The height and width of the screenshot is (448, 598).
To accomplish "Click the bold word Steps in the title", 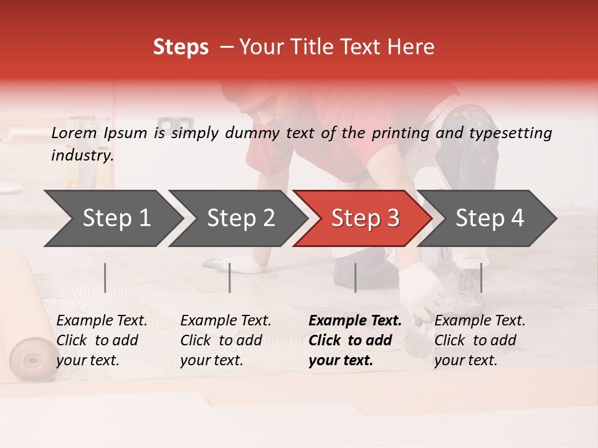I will point(181,47).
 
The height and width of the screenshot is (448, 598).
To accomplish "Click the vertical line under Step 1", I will point(105,278).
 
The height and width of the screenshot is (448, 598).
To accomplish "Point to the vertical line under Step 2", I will point(230,278).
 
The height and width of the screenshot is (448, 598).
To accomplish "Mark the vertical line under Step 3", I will point(355,278).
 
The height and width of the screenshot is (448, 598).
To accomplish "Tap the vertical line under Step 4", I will point(481,278).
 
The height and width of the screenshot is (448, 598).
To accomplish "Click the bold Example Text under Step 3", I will point(355,320).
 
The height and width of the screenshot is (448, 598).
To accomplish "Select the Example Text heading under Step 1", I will point(102,320).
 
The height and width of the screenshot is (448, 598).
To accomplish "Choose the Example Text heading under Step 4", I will point(480,320).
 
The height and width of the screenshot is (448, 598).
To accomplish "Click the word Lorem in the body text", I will point(74,133).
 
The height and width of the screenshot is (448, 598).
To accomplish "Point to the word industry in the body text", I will point(82,156).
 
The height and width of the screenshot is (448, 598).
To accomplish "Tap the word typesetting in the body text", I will point(515,133).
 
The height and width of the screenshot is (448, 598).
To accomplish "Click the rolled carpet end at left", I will point(29,360).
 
